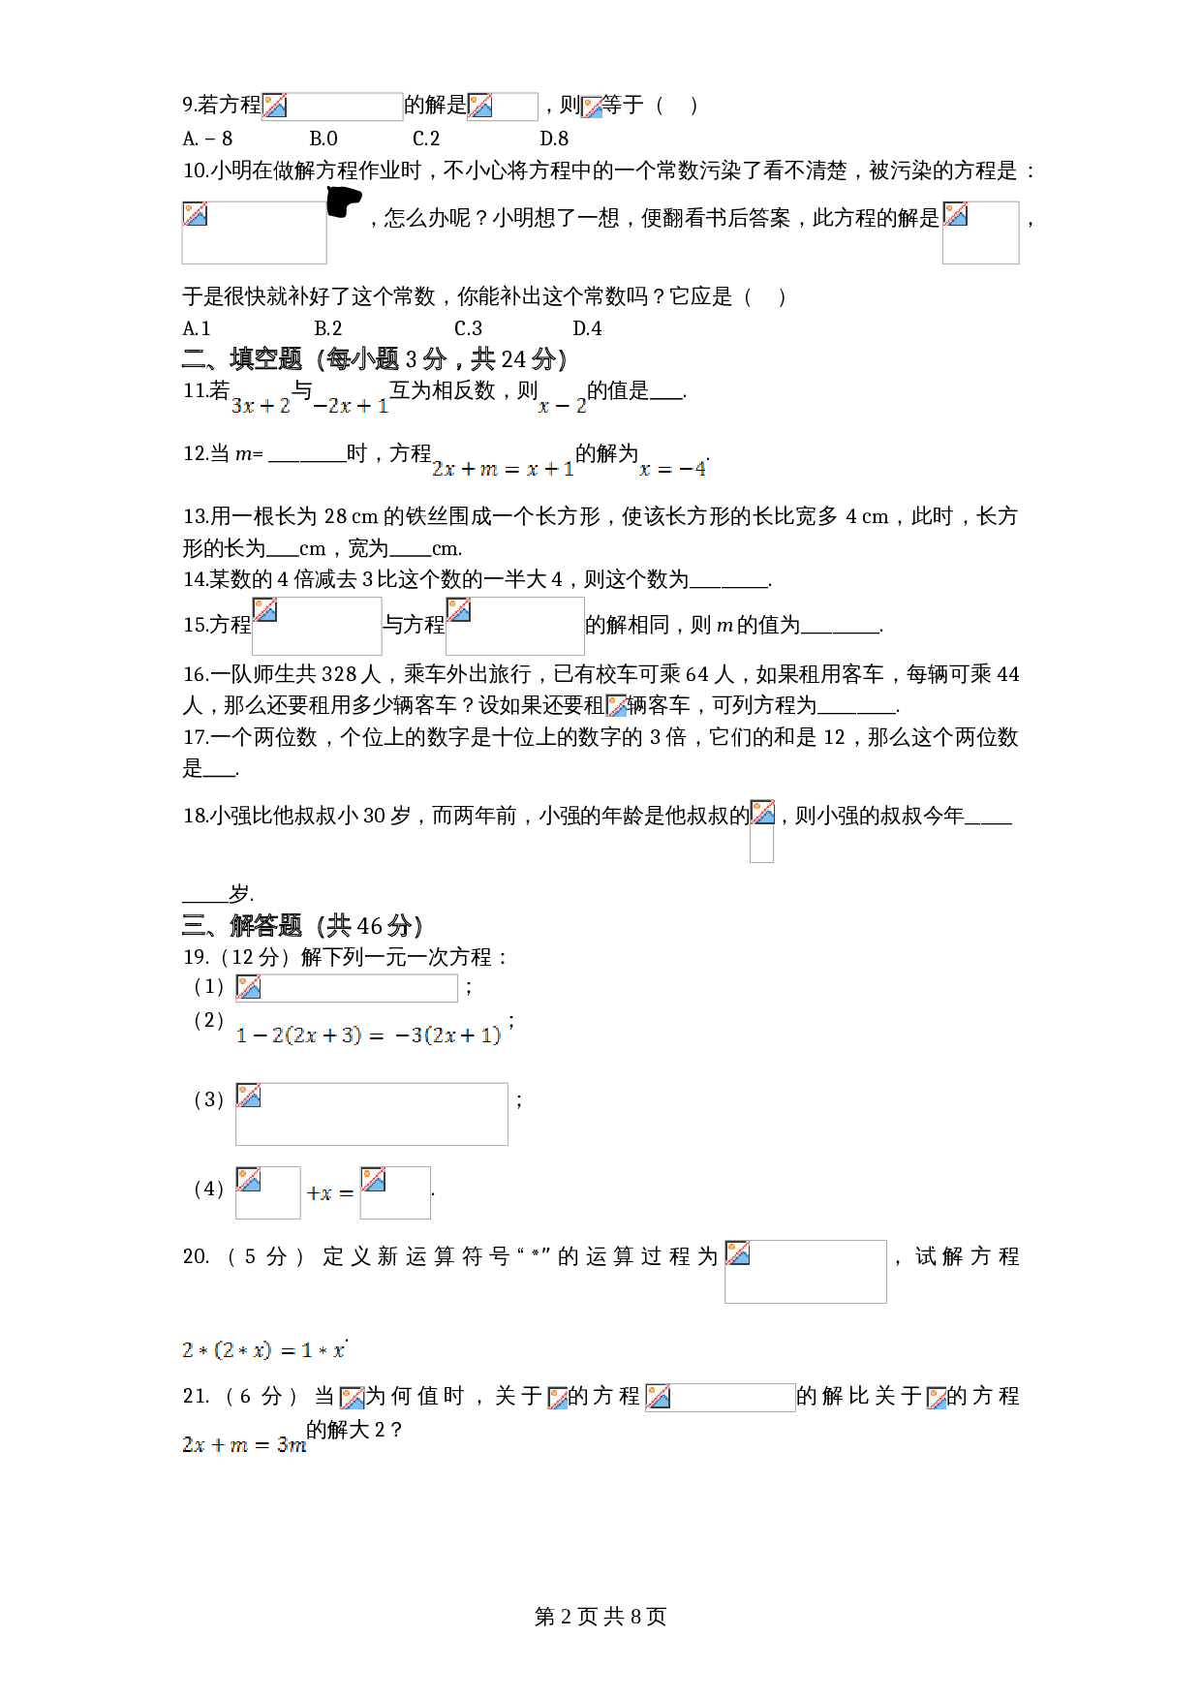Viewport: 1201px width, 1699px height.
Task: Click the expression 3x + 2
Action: [x=261, y=406]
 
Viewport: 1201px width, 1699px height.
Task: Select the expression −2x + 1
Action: [x=351, y=406]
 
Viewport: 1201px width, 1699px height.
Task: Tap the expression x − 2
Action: [x=562, y=406]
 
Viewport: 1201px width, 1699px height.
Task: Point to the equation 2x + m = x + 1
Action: [x=503, y=469]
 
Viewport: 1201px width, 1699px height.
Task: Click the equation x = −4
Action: [x=671, y=469]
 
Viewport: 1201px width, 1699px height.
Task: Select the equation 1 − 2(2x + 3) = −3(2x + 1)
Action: [x=368, y=1035]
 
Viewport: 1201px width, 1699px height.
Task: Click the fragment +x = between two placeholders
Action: [x=330, y=1193]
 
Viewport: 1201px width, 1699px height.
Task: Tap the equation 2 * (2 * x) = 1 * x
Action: [x=262, y=1350]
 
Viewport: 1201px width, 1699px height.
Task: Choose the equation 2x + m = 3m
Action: [x=243, y=1445]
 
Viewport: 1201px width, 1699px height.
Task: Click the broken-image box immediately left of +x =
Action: [x=268, y=1193]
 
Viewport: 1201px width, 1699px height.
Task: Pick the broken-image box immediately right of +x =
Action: [x=395, y=1193]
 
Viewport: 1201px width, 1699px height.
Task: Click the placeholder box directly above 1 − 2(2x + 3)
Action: [x=347, y=988]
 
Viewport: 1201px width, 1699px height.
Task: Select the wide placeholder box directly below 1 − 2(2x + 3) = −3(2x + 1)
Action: [x=372, y=1114]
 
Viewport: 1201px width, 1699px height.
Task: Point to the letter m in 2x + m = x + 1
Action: [x=489, y=470]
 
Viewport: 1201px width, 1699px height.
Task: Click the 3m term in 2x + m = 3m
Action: [x=292, y=1445]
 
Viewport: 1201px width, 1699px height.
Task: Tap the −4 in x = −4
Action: [x=693, y=469]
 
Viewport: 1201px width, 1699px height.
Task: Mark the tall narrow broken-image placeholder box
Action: [x=762, y=831]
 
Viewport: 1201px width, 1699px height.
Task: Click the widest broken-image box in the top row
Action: [x=332, y=107]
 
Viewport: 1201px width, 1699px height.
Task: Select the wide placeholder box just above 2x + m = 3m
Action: [x=721, y=1398]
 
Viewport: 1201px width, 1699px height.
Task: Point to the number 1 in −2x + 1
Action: [x=383, y=406]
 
